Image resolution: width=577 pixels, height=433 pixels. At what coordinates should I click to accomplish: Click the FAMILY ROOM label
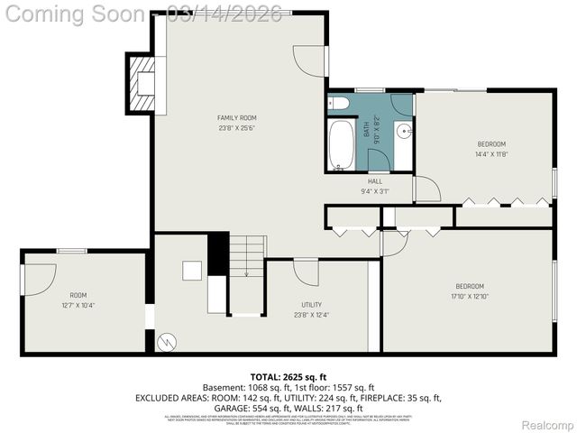[x=237, y=118]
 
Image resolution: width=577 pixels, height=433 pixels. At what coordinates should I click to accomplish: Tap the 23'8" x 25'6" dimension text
[x=237, y=128]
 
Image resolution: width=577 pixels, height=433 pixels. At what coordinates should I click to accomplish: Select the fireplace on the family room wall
[x=142, y=83]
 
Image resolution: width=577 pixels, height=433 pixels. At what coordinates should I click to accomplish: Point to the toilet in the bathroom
[x=334, y=102]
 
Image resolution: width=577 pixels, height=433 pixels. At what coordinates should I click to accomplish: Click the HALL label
[x=374, y=180]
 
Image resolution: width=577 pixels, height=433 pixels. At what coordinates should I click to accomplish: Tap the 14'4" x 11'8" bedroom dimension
[x=491, y=154]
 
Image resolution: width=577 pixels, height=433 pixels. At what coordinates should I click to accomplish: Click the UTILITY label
[x=312, y=305]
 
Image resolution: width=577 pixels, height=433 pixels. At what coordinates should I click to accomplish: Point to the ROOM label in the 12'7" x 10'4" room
[x=78, y=295]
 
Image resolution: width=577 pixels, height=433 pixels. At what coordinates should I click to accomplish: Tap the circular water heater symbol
[x=166, y=342]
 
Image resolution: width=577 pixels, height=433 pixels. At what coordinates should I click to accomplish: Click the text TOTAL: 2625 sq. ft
[x=288, y=377]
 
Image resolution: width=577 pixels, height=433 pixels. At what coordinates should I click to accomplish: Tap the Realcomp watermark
[x=547, y=425]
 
